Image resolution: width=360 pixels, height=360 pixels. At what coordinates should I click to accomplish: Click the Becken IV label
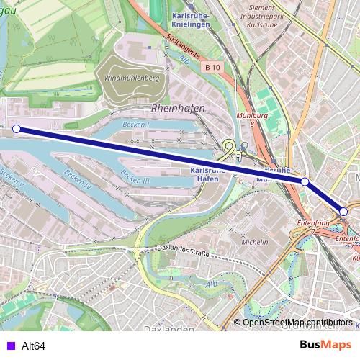(x=78, y=175)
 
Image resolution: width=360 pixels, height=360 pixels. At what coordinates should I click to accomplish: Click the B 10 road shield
(x=212, y=67)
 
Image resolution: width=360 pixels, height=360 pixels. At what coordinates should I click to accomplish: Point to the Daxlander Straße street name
(x=184, y=252)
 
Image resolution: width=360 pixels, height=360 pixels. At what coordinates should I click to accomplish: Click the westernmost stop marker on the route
(x=17, y=130)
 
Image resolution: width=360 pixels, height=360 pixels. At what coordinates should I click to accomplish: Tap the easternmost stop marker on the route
(x=343, y=211)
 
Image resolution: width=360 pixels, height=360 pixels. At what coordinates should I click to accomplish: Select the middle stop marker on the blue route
(x=305, y=182)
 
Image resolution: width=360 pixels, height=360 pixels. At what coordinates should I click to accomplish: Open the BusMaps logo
(x=325, y=345)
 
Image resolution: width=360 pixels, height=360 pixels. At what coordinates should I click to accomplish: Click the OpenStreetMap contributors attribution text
(x=297, y=323)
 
